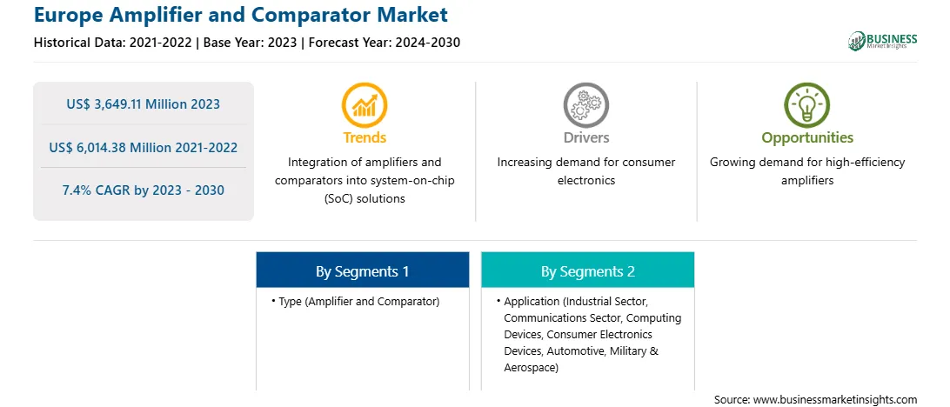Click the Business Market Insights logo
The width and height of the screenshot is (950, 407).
click(x=882, y=41)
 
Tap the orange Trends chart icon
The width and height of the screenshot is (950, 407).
click(x=365, y=104)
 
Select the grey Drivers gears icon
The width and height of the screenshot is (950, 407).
click(x=585, y=104)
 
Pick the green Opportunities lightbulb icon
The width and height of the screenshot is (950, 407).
click(x=807, y=104)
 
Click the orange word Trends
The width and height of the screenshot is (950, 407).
click(x=365, y=137)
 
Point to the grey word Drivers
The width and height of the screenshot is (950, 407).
click(x=585, y=137)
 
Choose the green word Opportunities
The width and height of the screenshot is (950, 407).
click(x=807, y=138)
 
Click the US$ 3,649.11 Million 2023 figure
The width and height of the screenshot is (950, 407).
click(x=143, y=104)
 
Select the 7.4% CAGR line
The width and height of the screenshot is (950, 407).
click(x=143, y=190)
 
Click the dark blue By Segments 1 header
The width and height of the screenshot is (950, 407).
click(x=362, y=270)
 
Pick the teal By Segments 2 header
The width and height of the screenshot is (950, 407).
click(x=588, y=270)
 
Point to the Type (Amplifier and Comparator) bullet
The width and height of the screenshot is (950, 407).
click(x=356, y=301)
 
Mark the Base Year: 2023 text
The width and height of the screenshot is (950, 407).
click(x=251, y=43)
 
